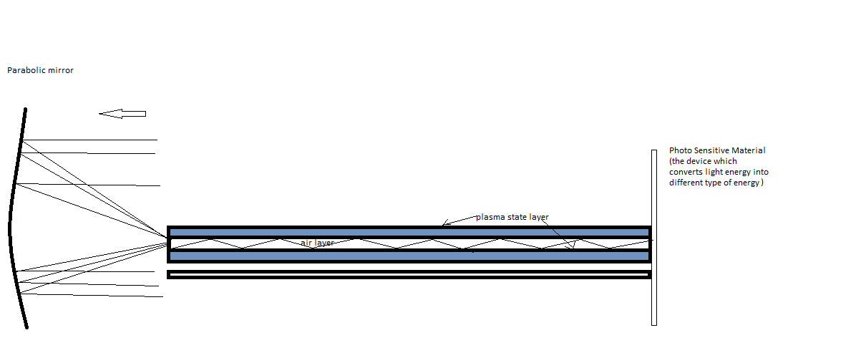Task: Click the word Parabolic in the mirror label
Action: tap(24, 70)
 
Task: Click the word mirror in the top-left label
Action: tap(59, 70)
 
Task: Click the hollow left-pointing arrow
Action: tap(122, 113)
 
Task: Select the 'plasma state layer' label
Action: tap(512, 217)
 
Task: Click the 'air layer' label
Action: tap(317, 243)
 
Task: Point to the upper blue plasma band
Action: tap(408, 232)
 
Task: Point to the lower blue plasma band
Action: tap(408, 256)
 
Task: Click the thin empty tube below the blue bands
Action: tap(408, 274)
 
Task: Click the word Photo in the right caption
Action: tap(681, 150)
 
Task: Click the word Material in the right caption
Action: tap(750, 150)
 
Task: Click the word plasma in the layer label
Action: tap(490, 217)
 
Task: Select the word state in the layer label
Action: tap(517, 217)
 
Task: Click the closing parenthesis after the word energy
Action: tap(762, 183)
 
